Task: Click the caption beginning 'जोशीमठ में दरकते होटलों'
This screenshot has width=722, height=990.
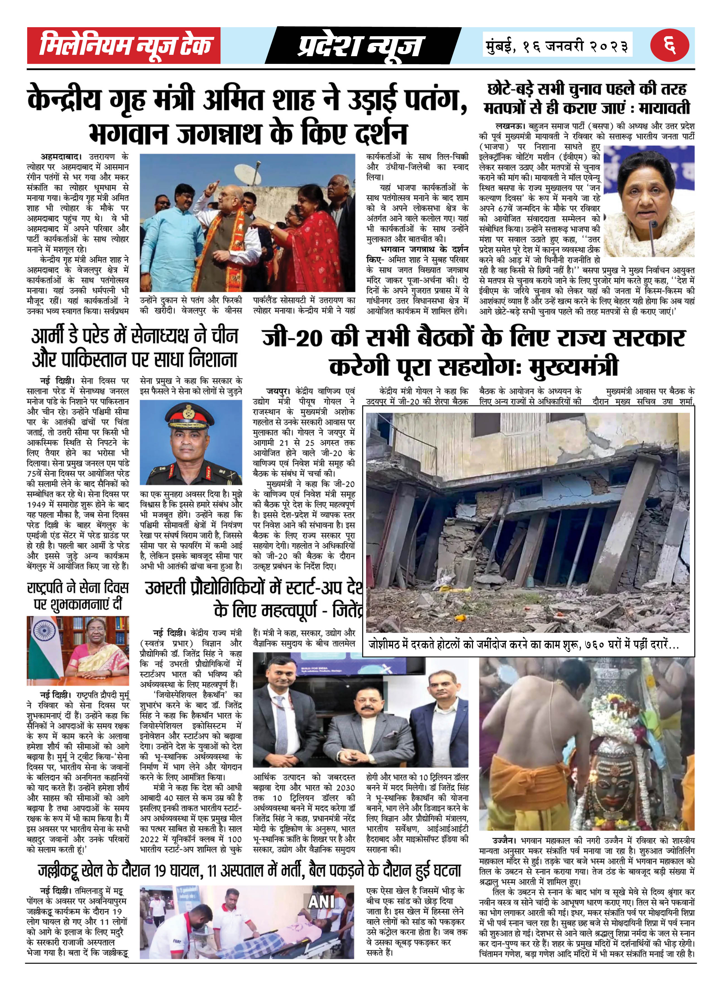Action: [x=523, y=645]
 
